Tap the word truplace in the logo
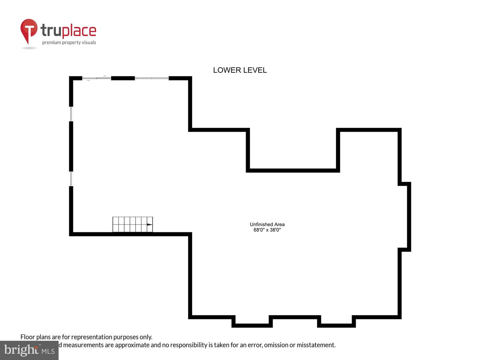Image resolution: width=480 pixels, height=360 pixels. (68, 31)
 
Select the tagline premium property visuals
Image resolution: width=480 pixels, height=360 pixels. (69, 42)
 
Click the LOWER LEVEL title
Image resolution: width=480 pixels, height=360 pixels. (240, 70)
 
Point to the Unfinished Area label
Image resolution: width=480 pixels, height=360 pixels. (267, 224)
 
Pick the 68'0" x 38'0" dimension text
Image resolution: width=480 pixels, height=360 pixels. (267, 230)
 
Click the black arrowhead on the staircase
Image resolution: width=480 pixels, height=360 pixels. (150, 225)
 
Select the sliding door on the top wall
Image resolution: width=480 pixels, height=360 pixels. (97, 78)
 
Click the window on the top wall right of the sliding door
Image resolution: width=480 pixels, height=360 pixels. (152, 78)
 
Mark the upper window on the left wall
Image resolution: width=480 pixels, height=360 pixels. (71, 114)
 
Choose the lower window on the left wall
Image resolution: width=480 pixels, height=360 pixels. (71, 179)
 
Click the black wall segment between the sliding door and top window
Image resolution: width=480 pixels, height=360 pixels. (123, 78)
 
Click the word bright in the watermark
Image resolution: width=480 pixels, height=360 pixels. (21, 350)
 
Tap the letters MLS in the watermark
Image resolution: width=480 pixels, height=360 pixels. (48, 351)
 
